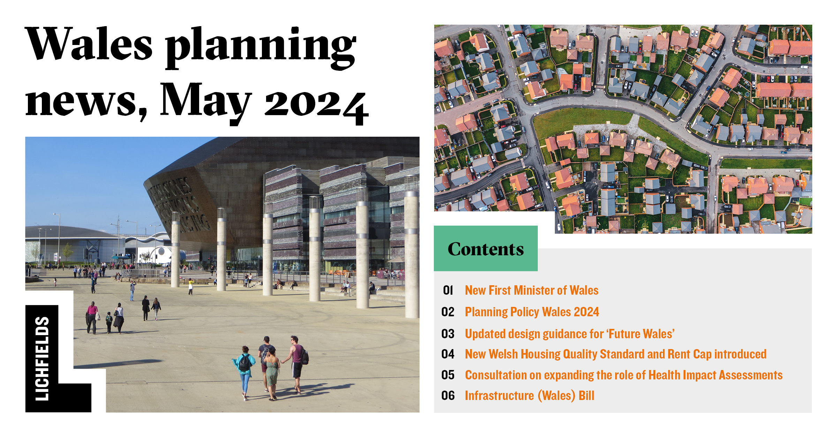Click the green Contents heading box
(485, 249)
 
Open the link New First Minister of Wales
(531, 290)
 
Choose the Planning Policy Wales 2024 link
(532, 312)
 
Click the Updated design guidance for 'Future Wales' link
(570, 334)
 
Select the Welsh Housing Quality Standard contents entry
(616, 354)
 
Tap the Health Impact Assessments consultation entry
(624, 375)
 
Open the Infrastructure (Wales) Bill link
(529, 396)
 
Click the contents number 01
(448, 290)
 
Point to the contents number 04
(448, 354)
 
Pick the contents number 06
(448, 396)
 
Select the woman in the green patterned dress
(272, 373)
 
